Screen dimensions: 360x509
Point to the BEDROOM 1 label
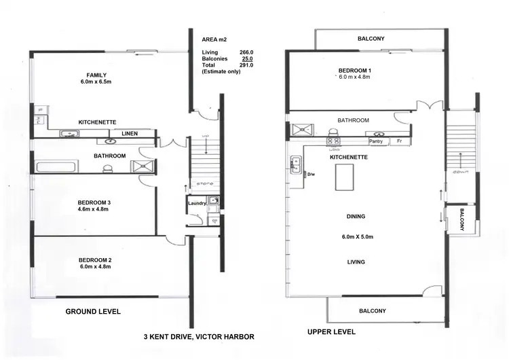(x=355, y=71)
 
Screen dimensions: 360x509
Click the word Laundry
(x=197, y=202)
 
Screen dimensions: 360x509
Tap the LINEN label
(x=130, y=134)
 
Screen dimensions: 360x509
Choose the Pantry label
(x=376, y=142)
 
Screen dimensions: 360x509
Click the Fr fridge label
(x=400, y=142)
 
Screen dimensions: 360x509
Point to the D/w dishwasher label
(x=312, y=174)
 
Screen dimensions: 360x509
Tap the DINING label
(x=356, y=217)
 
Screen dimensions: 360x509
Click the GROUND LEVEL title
(x=93, y=312)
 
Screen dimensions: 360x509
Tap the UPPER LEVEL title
(x=332, y=332)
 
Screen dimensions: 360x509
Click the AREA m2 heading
(x=214, y=39)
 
